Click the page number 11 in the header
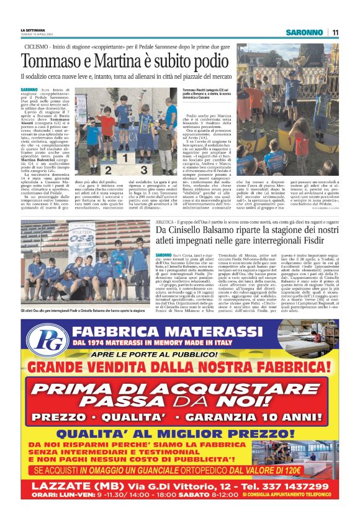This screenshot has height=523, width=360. click(x=335, y=32)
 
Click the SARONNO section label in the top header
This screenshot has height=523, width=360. click(x=304, y=32)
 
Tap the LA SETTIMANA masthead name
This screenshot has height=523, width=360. click(x=33, y=30)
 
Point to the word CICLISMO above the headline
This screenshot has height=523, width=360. click(x=36, y=47)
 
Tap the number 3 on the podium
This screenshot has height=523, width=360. click(x=143, y=168)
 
